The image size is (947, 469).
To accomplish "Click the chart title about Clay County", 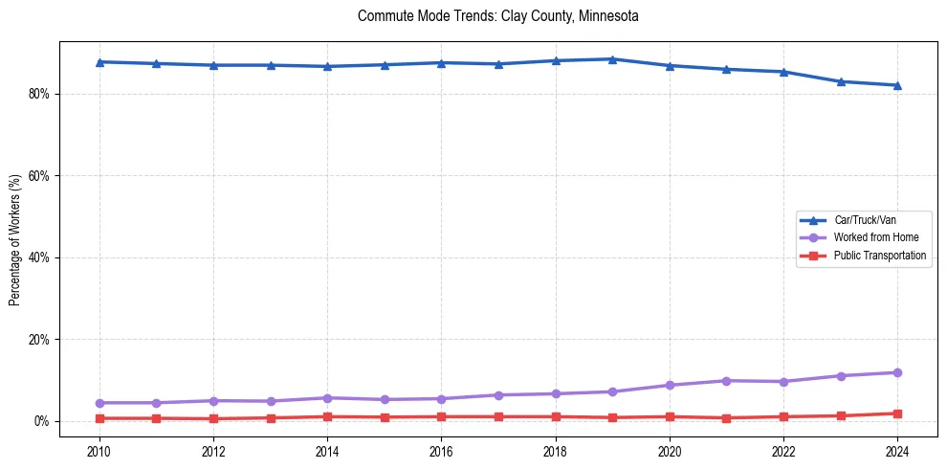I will tap(497, 16).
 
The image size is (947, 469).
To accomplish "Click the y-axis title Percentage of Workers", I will tap(14, 240).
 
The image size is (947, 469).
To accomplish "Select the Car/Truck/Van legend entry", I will tap(865, 220).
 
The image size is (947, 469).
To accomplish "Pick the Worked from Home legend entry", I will tap(875, 237).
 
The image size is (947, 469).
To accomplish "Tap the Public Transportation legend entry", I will tap(879, 256).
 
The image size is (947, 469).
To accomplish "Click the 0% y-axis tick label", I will tap(42, 421).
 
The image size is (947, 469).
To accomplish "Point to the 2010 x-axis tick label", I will tap(99, 451).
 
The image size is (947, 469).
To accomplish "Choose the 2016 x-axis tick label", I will tap(441, 451).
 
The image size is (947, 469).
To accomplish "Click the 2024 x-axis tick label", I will tap(897, 451).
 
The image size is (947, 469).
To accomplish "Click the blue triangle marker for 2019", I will tap(612, 59).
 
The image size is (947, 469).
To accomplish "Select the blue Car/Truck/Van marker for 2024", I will tap(897, 85).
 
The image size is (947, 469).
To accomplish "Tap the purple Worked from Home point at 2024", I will tap(897, 372).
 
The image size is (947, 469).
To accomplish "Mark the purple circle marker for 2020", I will tap(670, 385).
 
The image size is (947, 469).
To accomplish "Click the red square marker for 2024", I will tap(897, 413).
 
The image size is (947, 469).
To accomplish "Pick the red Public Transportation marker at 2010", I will tap(99, 418).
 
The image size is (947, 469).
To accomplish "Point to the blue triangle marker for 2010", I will tap(99, 62).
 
